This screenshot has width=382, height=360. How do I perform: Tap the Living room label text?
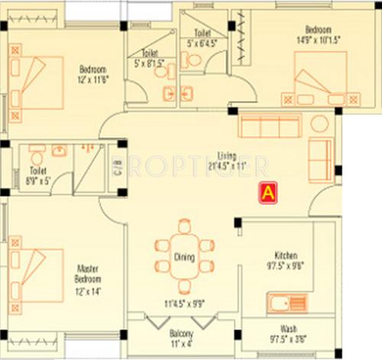point(226,154)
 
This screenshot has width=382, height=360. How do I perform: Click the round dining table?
point(184,251)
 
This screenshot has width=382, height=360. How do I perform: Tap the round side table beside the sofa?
point(319,123)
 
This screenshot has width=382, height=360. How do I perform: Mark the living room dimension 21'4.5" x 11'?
point(227,164)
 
